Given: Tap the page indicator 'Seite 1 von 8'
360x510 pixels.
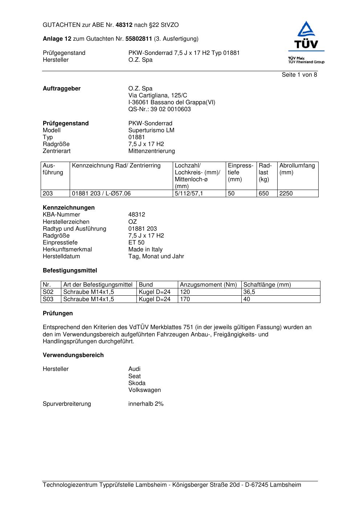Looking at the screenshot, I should pyautogui.click(x=299, y=75).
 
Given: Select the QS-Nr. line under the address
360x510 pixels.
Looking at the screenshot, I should pyautogui.click(x=159, y=109).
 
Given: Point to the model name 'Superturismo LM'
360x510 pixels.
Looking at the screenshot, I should pyautogui.click(x=151, y=130).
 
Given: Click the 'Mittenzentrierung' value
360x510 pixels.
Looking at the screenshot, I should pyautogui.click(x=151, y=151).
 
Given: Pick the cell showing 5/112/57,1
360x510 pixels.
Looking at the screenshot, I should pyautogui.click(x=189, y=194).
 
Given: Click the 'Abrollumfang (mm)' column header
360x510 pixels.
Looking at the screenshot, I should pyautogui.click(x=297, y=169).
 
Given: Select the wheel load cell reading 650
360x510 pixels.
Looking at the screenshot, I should pyautogui.click(x=264, y=194).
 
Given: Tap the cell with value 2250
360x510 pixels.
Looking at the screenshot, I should pyautogui.click(x=286, y=194).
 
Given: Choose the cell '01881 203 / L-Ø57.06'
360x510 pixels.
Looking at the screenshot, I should pyautogui.click(x=101, y=194).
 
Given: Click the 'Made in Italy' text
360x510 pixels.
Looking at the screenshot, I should pyautogui.click(x=145, y=250).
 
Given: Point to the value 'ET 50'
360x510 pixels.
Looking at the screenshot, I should pyautogui.click(x=136, y=243).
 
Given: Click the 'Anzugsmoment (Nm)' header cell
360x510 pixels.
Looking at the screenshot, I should pyautogui.click(x=208, y=285).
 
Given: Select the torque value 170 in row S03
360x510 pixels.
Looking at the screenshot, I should pyautogui.click(x=185, y=299).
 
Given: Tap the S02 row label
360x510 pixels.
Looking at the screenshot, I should pyautogui.click(x=48, y=292).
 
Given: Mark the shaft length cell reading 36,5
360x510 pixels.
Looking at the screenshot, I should pyautogui.click(x=249, y=292).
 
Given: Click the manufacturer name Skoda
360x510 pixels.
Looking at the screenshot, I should pyautogui.click(x=137, y=383).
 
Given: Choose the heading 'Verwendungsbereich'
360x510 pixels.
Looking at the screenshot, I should pyautogui.click(x=73, y=355).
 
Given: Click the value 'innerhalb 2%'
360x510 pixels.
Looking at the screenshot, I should pyautogui.click(x=146, y=404).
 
